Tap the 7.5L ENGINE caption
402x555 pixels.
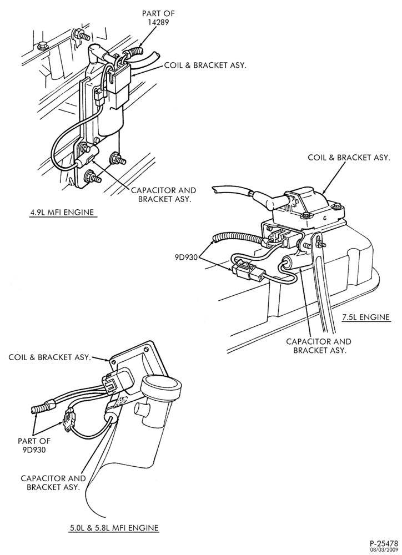(x=366, y=317)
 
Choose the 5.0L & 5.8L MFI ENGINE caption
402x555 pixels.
(x=114, y=527)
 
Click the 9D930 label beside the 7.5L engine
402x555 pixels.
(x=187, y=258)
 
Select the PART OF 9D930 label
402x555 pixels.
(x=34, y=446)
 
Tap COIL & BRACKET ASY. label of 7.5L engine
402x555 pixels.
(x=349, y=158)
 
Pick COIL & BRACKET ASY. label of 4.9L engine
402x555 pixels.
(x=205, y=65)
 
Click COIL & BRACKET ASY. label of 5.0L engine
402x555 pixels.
(x=49, y=357)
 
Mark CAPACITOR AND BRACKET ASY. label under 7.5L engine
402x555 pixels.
(x=318, y=346)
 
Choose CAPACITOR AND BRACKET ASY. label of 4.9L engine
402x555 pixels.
(x=163, y=194)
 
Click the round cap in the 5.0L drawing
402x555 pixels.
(x=161, y=387)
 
